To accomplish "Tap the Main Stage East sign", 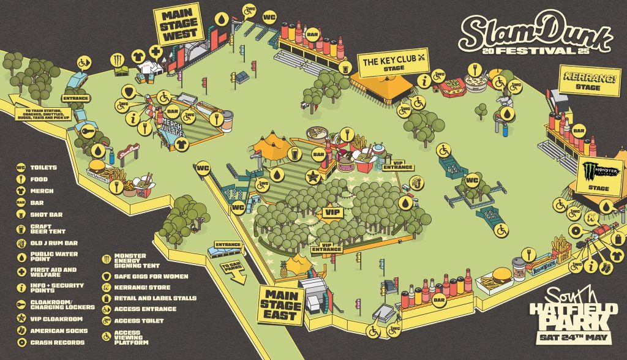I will click(281, 304).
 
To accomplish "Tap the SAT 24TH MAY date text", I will click(571, 337).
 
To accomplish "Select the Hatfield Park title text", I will click(569, 313).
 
